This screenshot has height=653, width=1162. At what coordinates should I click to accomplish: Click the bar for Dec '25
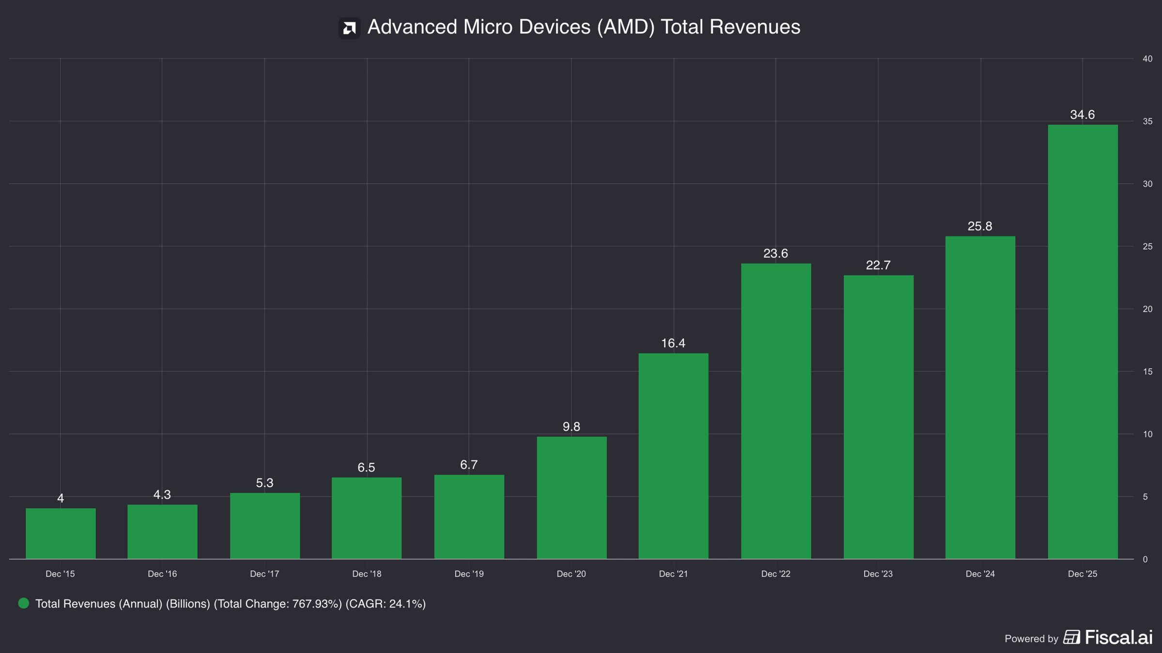[1083, 342]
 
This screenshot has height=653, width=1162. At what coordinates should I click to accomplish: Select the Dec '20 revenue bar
[571, 498]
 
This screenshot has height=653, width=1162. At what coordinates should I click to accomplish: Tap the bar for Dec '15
[61, 534]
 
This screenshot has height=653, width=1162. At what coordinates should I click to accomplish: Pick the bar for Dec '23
[878, 417]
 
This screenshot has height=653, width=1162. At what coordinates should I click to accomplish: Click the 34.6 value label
[1082, 115]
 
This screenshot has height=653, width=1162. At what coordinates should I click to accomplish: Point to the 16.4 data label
[673, 343]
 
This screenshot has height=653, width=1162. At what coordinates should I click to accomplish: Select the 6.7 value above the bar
[469, 465]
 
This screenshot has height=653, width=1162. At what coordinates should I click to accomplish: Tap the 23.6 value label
[776, 253]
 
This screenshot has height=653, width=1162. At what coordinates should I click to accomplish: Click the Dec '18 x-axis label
[367, 574]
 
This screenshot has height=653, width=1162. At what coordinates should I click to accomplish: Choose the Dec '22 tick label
[776, 574]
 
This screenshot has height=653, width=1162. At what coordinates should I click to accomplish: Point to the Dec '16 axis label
[162, 574]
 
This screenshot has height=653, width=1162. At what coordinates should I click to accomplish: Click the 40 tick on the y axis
[1147, 59]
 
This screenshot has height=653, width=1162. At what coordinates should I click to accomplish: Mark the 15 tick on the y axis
[1147, 371]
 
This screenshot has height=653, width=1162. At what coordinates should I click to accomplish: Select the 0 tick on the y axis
[1145, 559]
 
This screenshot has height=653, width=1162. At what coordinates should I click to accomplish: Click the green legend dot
[23, 603]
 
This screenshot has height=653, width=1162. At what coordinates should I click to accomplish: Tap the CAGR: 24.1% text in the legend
[385, 604]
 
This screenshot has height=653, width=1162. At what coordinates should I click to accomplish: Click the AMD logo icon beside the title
[349, 28]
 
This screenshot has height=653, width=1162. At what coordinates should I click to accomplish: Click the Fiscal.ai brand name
[1118, 637]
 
